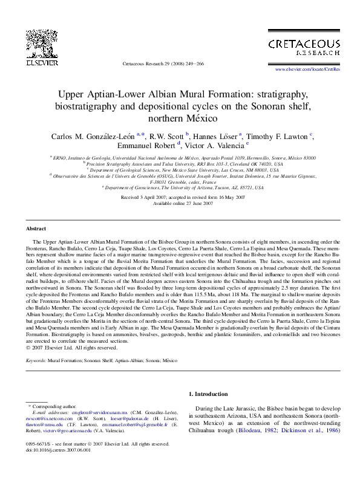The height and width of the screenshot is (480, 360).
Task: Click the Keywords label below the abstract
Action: pos(36,360)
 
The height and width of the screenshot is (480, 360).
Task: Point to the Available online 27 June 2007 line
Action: pos(180,204)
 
